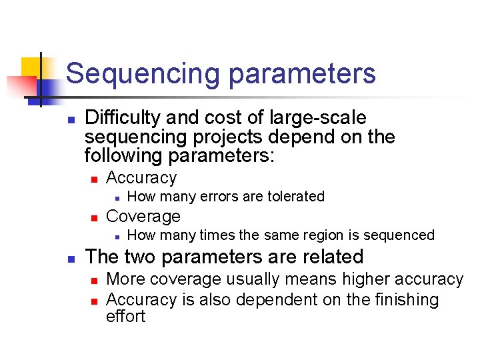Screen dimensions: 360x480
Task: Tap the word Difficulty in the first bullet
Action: (123, 118)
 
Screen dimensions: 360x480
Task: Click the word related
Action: (331, 257)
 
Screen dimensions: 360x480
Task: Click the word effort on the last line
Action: (125, 316)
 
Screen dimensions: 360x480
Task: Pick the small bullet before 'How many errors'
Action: (116, 197)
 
